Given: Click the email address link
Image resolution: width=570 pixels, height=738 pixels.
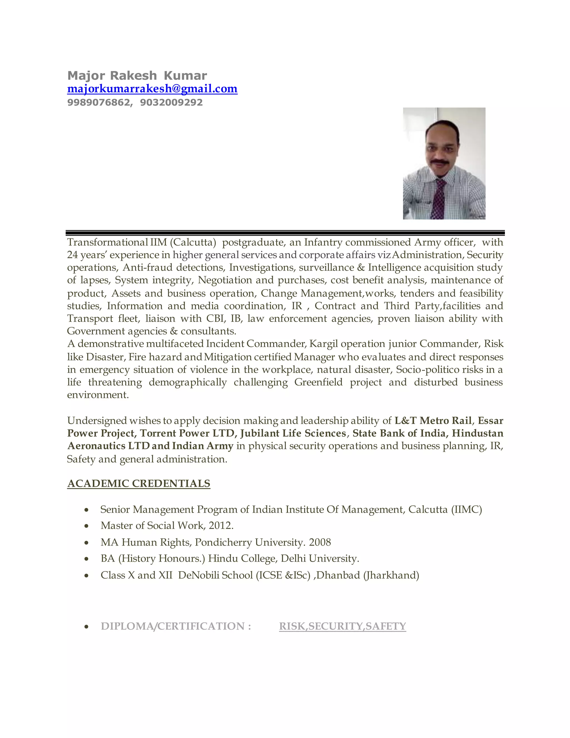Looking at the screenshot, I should coord(152,89).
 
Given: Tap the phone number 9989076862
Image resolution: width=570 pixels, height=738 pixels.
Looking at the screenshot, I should coord(98,102).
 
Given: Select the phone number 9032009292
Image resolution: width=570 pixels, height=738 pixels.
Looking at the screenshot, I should coord(171,102).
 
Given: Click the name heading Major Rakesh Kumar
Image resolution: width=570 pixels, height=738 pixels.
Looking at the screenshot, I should coord(137,75).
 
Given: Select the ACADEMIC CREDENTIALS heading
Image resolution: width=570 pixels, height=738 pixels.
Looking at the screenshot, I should coord(139,483).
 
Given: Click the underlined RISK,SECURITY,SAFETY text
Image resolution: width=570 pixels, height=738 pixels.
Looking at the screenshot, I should coord(342,626).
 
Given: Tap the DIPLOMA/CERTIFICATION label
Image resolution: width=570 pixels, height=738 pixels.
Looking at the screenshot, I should coord(176,626).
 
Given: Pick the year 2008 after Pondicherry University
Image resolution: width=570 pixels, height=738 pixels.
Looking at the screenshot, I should coord(320,542).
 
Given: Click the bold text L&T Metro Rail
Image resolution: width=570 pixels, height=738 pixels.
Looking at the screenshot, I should coord(433,421).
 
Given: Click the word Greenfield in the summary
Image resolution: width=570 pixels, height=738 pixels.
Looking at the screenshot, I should coord(318,382).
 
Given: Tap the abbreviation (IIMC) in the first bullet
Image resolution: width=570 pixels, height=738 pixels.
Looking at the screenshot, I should coord(467,509).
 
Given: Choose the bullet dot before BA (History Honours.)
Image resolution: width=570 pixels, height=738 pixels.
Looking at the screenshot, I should coord(87,559).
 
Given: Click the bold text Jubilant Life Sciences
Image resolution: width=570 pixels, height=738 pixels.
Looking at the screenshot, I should coord(293,433).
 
